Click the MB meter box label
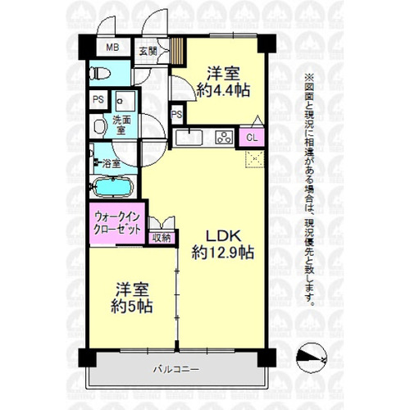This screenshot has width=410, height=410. (112, 48)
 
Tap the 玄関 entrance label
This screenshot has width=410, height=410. (148, 51)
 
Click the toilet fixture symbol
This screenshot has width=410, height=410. (101, 73)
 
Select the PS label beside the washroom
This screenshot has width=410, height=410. (98, 99)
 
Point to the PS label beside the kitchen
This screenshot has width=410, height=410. (177, 114)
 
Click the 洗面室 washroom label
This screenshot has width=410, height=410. (121, 125)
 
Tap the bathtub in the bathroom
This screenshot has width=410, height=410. (112, 187)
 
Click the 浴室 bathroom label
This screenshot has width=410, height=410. (112, 163)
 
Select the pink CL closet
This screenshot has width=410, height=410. (252, 137)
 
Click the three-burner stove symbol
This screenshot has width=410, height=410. (225, 137)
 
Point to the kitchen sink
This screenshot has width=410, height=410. (189, 138)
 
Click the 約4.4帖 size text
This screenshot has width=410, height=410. (223, 90)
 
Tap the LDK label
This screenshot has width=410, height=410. (223, 236)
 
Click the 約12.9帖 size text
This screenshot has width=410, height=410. (223, 253)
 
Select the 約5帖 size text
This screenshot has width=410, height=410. (132, 306)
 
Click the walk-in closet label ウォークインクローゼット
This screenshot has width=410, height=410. (116, 223)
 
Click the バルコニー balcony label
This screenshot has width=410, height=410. (176, 370)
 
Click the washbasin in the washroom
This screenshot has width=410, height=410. (99, 126)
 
